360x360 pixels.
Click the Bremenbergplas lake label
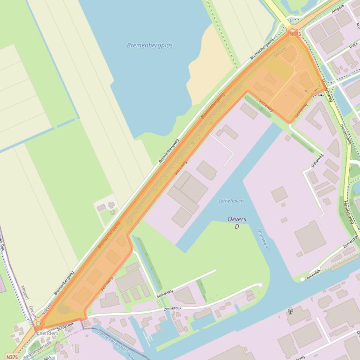pos(150,45)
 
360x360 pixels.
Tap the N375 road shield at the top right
pos(294,34)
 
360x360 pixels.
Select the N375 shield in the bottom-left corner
pos(13,357)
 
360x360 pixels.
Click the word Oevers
pos(237,219)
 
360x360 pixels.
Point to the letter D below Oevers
pos(237,227)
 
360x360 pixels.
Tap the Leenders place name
pos(48,333)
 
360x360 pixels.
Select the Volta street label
pos(353,46)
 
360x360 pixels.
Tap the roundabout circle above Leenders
pos(38,324)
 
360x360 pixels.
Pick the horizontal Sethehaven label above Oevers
pos(231,201)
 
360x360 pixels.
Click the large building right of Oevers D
pos(309,237)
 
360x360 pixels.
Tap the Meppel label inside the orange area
pos(280,54)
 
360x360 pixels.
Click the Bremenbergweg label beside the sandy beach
pos(262,49)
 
